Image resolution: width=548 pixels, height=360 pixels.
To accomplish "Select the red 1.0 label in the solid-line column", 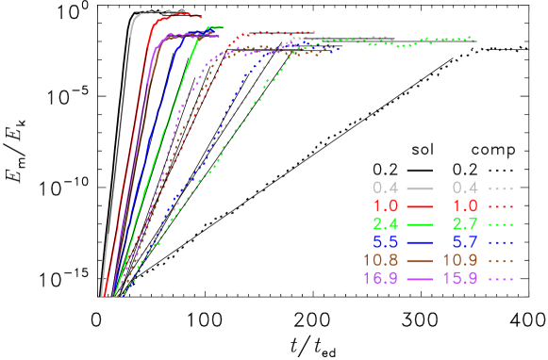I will (385, 205).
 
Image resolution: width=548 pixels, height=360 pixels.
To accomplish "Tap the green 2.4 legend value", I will (385, 224).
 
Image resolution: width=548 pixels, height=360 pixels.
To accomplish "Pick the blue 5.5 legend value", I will (385, 242).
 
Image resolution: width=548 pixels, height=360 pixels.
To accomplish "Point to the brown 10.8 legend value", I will (380, 260).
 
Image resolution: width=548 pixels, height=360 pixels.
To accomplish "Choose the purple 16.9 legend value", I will (380, 279).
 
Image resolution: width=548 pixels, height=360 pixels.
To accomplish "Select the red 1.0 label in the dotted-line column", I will (466, 205).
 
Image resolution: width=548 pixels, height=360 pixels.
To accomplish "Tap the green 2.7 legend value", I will (466, 224).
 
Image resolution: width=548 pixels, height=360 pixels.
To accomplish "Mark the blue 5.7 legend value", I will (466, 242).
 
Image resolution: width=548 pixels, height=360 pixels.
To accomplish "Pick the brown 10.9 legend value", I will (461, 260).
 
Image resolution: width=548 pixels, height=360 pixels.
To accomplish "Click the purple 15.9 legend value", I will (461, 279).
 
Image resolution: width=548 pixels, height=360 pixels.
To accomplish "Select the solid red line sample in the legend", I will (419, 205).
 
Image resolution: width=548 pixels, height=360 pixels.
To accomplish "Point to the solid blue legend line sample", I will (419, 242).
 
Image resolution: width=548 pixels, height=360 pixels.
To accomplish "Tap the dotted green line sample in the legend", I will (501, 224).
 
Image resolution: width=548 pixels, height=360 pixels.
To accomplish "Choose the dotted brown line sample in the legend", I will (501, 260).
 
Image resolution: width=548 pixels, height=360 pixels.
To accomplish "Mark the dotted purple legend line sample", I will (501, 279).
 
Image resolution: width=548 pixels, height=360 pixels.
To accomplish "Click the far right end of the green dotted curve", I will (473, 41).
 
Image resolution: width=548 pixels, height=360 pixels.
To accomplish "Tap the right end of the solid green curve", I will (223, 27).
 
